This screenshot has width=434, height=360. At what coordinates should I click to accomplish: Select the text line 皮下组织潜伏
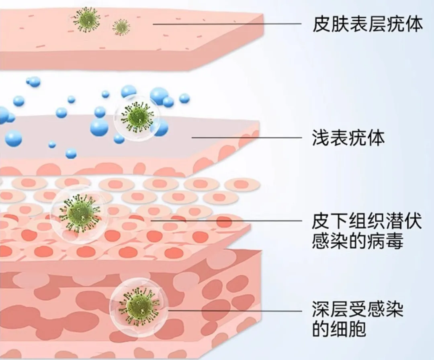(367, 221)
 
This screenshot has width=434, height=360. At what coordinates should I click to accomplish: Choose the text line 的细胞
(339, 330)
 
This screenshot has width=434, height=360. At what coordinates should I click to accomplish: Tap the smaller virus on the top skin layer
(121, 27)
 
